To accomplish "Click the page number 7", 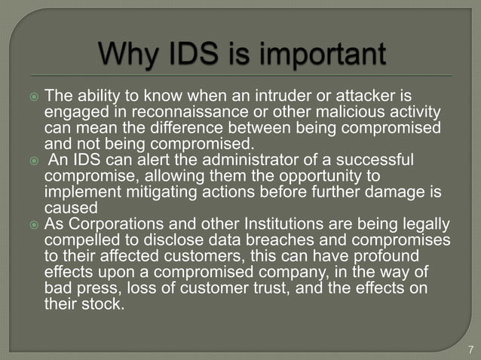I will click(x=470, y=349).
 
